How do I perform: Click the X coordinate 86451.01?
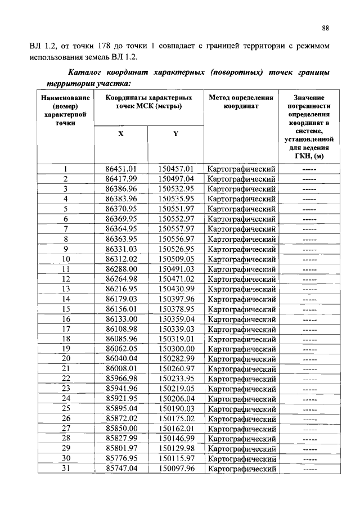pos(121,169)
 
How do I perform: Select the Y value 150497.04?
pos(175,179)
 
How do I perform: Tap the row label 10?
pos(66,259)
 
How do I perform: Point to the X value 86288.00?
pos(121,269)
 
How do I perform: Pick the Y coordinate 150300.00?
pos(175,349)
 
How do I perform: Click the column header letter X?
pos(120,134)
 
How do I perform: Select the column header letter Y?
pos(175,134)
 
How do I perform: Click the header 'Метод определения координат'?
pos(241,101)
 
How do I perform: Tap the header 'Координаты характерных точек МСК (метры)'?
pos(148,101)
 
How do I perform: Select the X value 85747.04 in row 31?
pos(121,469)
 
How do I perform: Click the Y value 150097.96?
pos(175,469)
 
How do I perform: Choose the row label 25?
pos(66,409)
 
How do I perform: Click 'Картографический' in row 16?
pos(241,319)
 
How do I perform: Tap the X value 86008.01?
pos(121,369)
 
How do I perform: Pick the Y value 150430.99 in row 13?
pos(175,289)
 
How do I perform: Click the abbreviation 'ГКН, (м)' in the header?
pos(309,156)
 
